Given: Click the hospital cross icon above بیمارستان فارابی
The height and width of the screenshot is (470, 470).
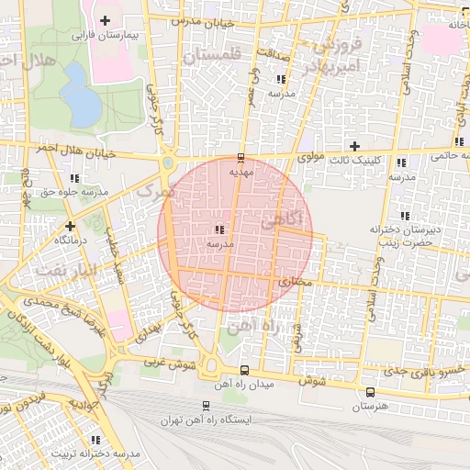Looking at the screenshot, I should point(105,20).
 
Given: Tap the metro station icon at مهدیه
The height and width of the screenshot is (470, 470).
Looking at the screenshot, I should point(241,157).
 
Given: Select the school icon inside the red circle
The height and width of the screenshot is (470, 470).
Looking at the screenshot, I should point(218,229).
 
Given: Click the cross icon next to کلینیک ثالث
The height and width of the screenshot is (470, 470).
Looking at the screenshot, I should point(354,146).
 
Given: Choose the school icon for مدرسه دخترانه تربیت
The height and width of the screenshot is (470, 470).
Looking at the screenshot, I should point(95,440).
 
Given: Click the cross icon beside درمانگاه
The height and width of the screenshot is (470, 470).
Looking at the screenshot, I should point(70,225).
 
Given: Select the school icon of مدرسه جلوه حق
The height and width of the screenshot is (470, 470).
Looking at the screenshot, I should point(74,178).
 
